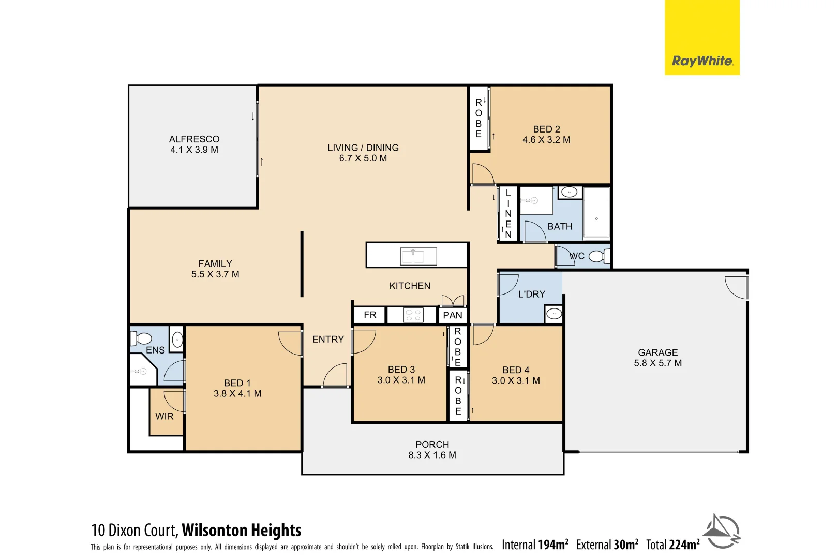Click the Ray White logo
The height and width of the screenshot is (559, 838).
[x=701, y=61]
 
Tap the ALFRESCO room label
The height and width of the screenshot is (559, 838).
[x=194, y=139]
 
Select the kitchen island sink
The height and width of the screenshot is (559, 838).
[x=418, y=256]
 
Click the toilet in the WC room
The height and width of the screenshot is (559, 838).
[x=598, y=256]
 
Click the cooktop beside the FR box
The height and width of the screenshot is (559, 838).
[x=413, y=315]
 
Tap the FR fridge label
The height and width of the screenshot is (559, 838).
[x=370, y=315]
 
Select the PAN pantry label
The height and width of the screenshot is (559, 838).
[x=453, y=315]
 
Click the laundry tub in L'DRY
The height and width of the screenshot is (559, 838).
[x=553, y=314]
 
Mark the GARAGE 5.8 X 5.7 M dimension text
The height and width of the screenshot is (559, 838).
[x=657, y=363]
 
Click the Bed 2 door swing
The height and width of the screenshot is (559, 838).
[x=482, y=174]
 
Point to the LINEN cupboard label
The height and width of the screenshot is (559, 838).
[x=508, y=213]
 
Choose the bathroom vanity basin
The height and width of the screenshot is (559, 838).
[x=569, y=193]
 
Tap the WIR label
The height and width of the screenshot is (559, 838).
[x=164, y=416]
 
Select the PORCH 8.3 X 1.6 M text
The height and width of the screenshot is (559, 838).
[x=432, y=455]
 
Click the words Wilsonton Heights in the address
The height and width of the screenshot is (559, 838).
[x=241, y=531]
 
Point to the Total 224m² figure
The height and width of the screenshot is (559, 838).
[x=672, y=545]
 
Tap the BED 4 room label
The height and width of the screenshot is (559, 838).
[x=516, y=370]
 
